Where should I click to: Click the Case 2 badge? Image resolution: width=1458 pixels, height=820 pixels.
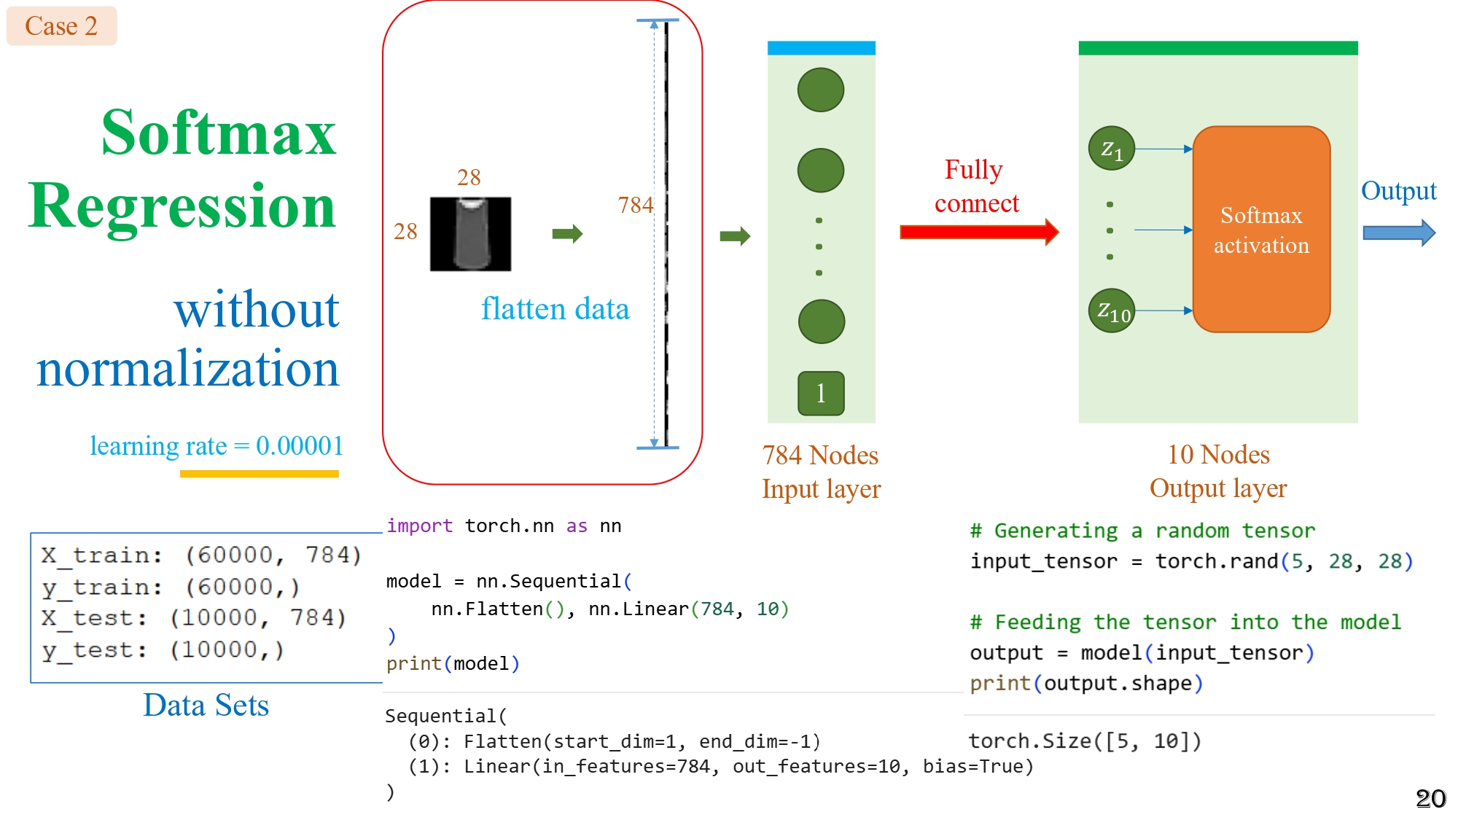(61, 26)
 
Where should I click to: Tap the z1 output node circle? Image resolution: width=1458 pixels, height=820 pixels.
(1111, 149)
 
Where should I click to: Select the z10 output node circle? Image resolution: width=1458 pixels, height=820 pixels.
(1111, 311)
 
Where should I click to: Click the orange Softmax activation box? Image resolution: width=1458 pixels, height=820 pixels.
(1261, 230)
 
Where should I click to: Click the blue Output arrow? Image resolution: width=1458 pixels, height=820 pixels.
(1398, 233)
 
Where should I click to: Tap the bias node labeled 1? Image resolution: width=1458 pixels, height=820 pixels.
(821, 394)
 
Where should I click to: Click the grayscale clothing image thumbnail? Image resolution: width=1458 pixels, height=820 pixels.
(470, 234)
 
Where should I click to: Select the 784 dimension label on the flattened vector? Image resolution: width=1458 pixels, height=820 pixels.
(635, 206)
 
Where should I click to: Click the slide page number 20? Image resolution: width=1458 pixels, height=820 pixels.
(1430, 799)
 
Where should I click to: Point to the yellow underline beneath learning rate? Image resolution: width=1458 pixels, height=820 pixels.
(259, 474)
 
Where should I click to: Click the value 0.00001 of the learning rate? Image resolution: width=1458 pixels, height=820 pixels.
(299, 446)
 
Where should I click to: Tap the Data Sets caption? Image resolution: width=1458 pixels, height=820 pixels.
(206, 706)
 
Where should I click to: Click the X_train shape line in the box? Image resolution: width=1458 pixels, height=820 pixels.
(200, 555)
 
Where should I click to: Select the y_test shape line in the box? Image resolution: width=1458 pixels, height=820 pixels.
(163, 650)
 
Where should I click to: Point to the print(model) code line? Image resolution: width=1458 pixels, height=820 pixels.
(453, 664)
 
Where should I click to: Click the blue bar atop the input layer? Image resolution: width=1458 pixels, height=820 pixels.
(821, 48)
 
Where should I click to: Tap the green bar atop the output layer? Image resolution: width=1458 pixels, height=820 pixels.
(1217, 48)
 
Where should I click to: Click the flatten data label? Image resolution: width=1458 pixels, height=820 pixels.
(555, 309)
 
